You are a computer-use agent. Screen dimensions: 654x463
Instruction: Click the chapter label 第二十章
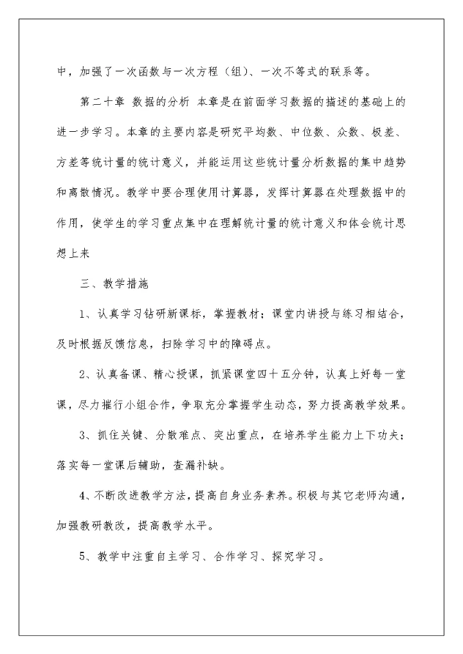pyautogui.click(x=101, y=102)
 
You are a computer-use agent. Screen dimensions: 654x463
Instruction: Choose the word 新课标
pyautogui.click(x=181, y=313)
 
